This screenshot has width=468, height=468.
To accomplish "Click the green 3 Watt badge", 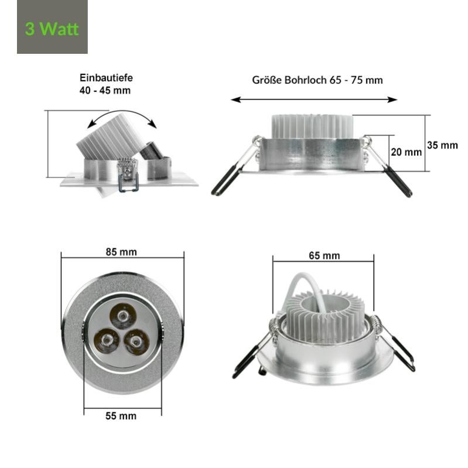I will click(52, 28).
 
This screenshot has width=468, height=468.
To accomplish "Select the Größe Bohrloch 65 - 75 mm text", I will click(317, 80).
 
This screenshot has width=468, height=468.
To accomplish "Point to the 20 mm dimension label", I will click(406, 152).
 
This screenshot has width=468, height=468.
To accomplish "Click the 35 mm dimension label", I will click(442, 145).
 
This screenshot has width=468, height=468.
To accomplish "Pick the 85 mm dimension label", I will click(121, 252).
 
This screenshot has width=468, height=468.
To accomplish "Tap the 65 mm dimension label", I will click(324, 255).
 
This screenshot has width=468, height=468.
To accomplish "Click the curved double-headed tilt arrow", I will click(121, 115).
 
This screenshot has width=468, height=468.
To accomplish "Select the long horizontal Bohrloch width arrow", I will click(314, 100).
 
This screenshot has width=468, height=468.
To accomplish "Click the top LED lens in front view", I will click(123, 318).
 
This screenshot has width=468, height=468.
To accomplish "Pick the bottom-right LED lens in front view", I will click(136, 340).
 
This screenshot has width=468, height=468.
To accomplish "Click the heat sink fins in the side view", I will click(312, 126).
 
